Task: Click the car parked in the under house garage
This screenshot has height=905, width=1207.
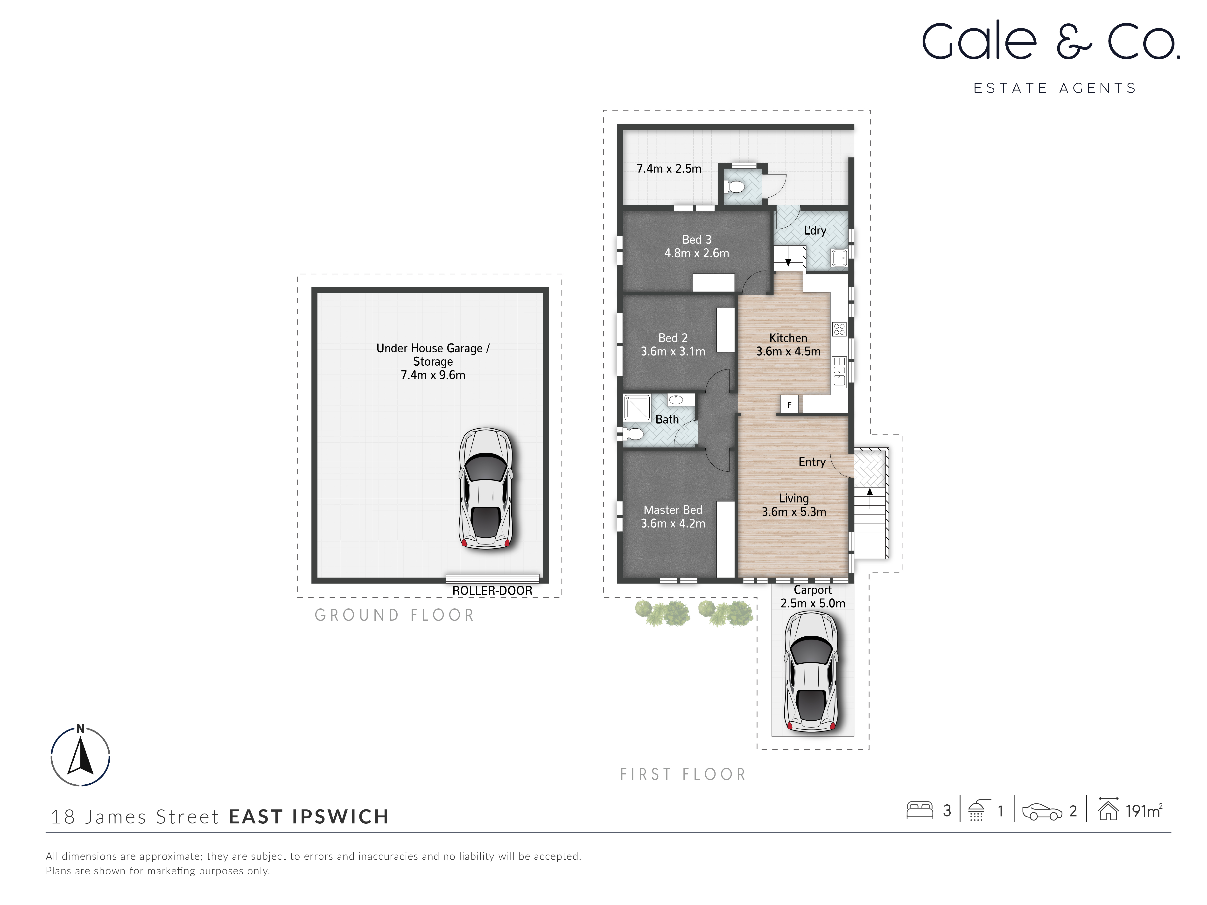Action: (486, 488)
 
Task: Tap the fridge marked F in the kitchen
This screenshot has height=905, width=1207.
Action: (789, 405)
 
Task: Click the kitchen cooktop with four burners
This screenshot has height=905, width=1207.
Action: (839, 329)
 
